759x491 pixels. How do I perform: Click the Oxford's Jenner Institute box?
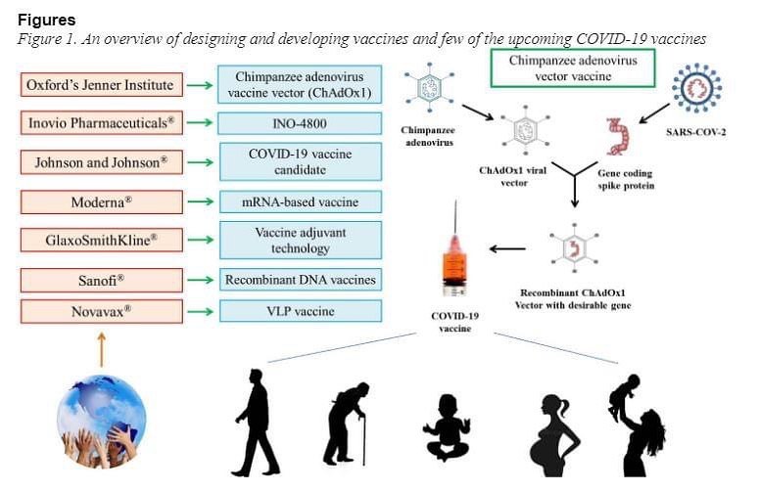[102, 84]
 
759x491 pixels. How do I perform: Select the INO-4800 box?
[300, 123]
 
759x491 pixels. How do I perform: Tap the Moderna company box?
[102, 202]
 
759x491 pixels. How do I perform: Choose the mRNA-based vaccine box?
[300, 202]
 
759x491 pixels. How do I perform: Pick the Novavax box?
[102, 311]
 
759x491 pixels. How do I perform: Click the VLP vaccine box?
[300, 311]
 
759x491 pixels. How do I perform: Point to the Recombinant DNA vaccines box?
[300, 280]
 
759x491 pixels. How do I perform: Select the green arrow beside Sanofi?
[200, 281]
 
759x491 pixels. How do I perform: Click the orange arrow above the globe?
[101, 349]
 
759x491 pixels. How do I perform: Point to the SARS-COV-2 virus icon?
[696, 88]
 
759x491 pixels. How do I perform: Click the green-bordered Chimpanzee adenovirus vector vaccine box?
[573, 68]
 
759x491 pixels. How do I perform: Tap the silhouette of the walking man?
[256, 423]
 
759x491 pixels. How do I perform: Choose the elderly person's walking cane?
[363, 438]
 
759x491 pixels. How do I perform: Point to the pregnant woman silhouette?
[554, 436]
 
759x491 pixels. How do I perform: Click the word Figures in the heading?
[46, 20]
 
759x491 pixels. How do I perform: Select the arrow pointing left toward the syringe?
[507, 248]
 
